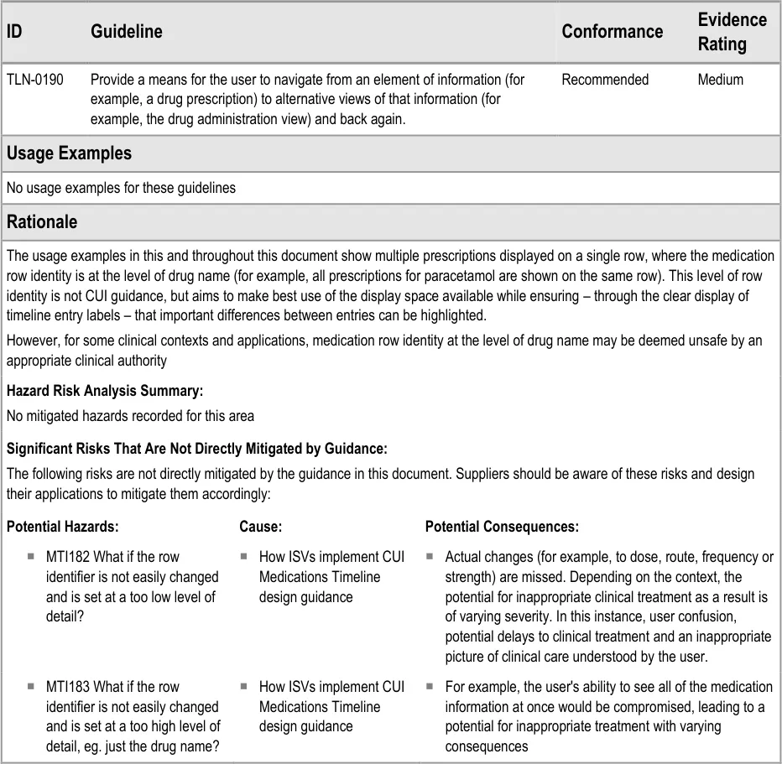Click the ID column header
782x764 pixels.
(14, 32)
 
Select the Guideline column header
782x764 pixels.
(126, 32)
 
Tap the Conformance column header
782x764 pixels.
(612, 32)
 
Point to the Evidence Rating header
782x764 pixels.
(732, 32)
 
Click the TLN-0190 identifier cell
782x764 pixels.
(35, 80)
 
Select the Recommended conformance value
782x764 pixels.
(604, 80)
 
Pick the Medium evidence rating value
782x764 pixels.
(720, 80)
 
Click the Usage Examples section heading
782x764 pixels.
(69, 153)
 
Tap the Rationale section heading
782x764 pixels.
(42, 222)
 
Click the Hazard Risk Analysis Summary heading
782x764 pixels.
(105, 391)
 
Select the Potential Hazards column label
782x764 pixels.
(62, 527)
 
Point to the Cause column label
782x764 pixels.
(260, 527)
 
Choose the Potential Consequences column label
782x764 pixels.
(502, 527)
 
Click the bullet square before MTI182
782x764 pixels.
(30, 556)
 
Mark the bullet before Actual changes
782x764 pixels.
(429, 556)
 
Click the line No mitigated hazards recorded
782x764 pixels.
(130, 416)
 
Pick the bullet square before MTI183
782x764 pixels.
(30, 686)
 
